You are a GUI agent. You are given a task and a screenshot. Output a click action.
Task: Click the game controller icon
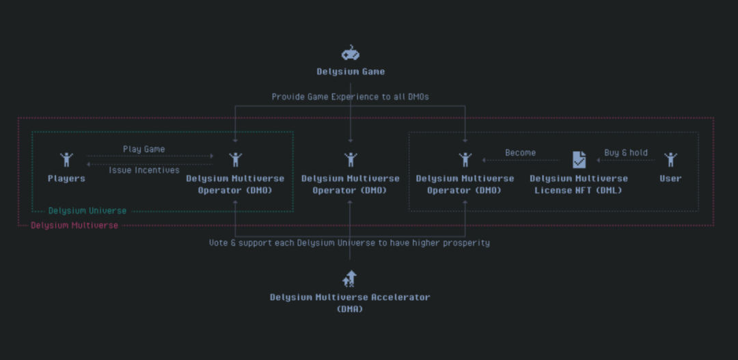click(350, 53)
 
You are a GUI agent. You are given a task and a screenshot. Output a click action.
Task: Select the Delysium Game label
click(351, 72)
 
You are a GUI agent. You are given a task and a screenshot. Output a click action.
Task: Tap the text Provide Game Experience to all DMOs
click(350, 97)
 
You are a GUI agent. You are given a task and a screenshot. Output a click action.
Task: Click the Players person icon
click(66, 160)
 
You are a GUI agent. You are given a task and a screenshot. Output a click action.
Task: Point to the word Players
click(66, 178)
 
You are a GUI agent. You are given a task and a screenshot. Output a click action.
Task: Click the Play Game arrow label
click(143, 149)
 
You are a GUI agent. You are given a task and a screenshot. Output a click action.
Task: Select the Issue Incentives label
click(144, 170)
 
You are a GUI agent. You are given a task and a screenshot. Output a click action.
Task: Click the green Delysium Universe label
click(87, 211)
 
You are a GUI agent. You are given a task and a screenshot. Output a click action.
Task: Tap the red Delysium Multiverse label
click(74, 225)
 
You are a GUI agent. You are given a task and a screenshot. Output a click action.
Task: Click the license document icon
click(579, 160)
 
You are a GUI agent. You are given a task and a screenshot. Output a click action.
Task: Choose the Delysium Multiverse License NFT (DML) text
click(579, 184)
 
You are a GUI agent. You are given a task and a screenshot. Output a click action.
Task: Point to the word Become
click(520, 153)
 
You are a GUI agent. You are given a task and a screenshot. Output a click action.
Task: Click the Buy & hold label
click(625, 153)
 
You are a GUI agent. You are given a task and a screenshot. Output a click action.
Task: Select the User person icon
click(670, 160)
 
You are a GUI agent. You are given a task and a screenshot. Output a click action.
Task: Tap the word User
click(670, 178)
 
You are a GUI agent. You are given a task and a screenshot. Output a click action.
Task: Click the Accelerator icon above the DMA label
click(350, 278)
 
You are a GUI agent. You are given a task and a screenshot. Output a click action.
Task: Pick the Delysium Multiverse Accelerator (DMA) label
click(350, 303)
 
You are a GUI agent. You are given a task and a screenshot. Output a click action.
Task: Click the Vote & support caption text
click(349, 243)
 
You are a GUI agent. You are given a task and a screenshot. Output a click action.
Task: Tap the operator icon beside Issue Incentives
click(235, 160)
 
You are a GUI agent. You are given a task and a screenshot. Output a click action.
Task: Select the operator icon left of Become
click(465, 160)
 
